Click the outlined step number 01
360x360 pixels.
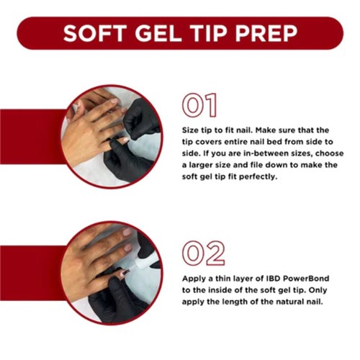click(199, 105)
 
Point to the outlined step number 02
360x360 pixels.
click(202, 253)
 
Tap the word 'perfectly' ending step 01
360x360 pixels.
click(254, 176)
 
